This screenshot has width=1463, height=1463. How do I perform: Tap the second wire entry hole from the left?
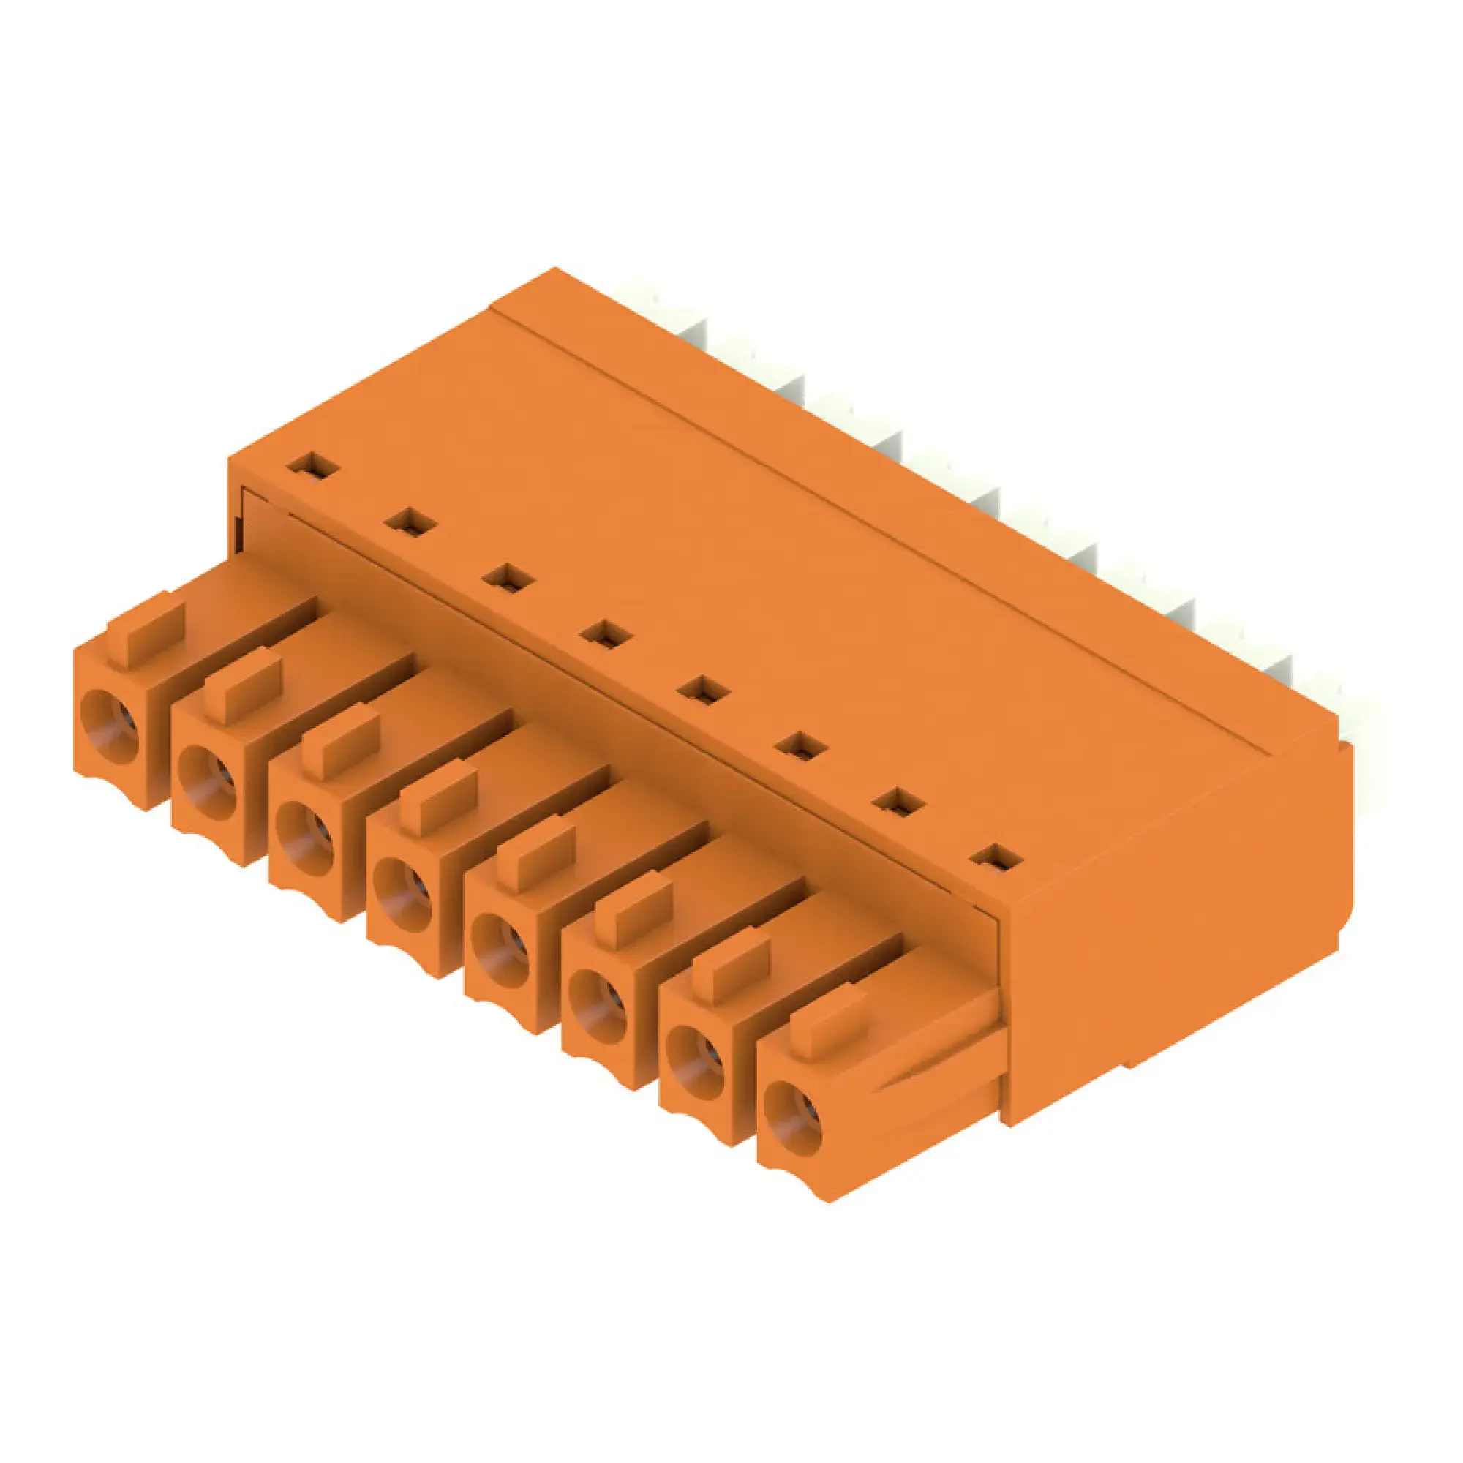coord(207,784)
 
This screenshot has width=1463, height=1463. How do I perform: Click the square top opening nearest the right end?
coord(997,859)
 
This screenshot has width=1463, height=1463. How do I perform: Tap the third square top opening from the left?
coord(508,578)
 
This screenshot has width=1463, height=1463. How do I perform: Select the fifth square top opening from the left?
coord(703,690)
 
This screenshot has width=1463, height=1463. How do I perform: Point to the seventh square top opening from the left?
coord(899,802)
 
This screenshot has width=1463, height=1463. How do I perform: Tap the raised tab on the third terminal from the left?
coord(341,739)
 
